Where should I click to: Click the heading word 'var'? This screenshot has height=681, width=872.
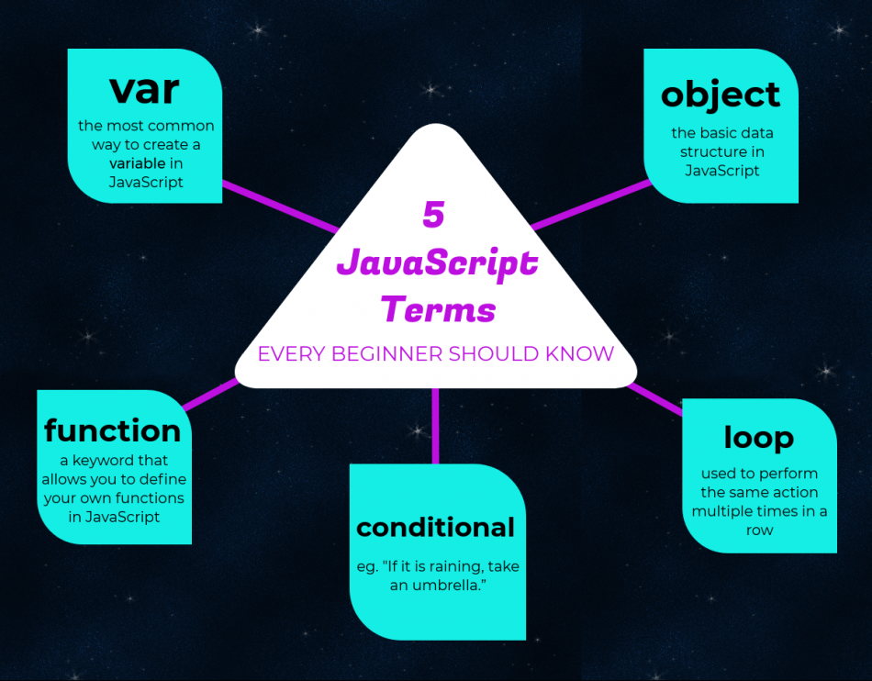144,90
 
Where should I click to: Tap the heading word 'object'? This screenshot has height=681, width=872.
721,95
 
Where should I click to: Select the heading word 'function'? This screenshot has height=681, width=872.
113,430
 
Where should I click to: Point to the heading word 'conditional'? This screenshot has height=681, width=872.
436,527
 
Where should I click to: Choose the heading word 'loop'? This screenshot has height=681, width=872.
758,437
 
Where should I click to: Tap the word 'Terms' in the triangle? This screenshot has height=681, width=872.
438,308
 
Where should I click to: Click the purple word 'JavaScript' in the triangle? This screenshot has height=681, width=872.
437,262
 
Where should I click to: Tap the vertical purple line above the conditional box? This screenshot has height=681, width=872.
435,427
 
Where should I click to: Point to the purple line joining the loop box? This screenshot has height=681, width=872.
656,401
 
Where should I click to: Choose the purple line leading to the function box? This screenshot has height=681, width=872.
210,395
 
